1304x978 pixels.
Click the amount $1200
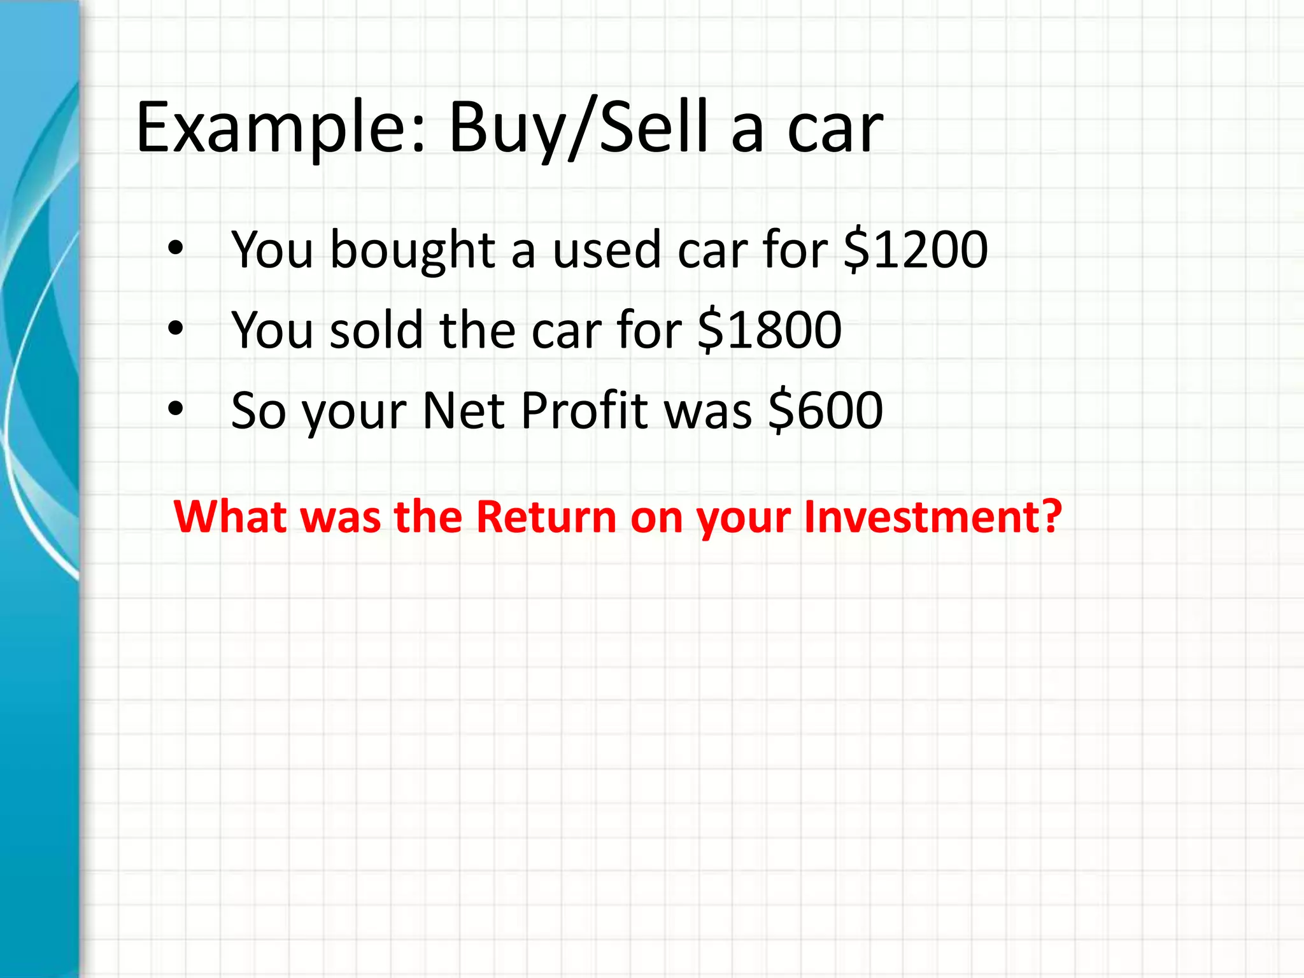pos(916,249)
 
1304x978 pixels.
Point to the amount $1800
pos(769,330)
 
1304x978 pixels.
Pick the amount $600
pos(826,411)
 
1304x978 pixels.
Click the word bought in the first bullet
pos(413,249)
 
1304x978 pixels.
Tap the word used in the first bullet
pos(607,249)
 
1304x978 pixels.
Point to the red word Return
pos(546,516)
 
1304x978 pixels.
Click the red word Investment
pos(933,516)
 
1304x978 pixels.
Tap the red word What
pos(230,516)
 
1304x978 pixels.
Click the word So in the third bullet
pos(259,411)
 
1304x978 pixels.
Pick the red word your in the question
pos(744,517)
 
